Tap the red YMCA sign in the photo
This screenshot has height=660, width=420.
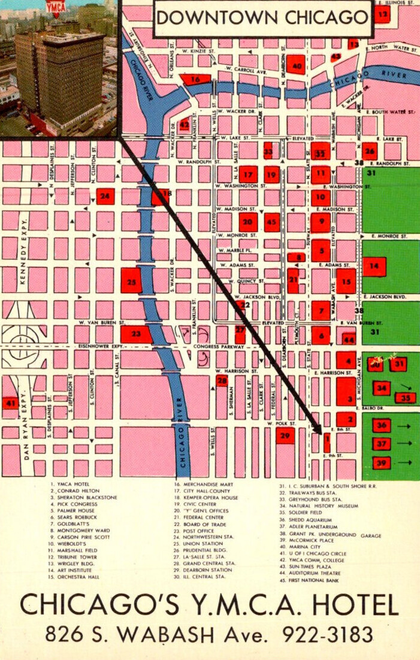56,7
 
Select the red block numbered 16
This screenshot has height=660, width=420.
196,79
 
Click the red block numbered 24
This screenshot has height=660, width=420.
105,196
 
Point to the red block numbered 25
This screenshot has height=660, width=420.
131,281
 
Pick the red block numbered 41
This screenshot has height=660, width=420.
10,404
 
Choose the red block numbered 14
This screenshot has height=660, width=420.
374,266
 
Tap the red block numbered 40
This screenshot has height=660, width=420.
296,65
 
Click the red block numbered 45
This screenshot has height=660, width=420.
272,222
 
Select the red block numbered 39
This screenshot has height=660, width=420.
382,462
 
